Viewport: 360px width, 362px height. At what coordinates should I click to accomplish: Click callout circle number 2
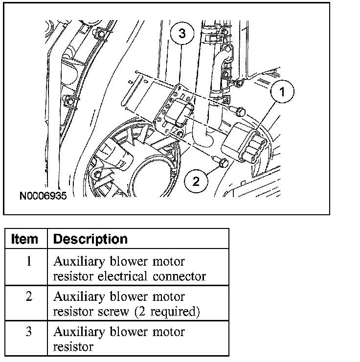196,181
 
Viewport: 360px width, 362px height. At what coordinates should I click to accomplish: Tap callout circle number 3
182,33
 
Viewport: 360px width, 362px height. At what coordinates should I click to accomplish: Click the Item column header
24,239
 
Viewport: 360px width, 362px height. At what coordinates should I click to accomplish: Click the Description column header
90,239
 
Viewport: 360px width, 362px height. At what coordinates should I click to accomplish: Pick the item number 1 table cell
28,261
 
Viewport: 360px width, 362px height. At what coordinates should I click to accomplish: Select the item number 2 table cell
28,296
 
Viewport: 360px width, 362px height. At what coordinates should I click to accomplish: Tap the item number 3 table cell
28,332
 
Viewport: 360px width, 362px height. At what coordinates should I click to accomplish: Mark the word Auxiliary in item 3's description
77,332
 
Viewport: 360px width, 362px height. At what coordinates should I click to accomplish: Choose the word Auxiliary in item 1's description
77,261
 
